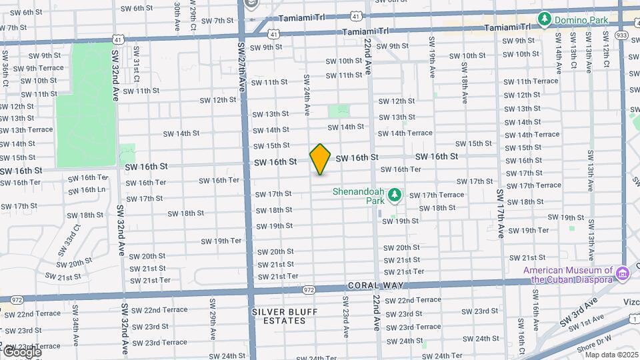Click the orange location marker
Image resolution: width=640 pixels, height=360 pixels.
[x=320, y=159]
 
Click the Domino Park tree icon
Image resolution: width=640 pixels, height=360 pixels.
[x=545, y=19]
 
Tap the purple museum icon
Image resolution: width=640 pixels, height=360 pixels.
[x=623, y=274]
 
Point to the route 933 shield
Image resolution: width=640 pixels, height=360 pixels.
[x=622, y=35]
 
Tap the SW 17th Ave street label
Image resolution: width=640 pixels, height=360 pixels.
[x=500, y=213]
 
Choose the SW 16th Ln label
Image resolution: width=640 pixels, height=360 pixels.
[x=87, y=190]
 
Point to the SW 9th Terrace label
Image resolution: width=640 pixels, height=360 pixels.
[x=37, y=68]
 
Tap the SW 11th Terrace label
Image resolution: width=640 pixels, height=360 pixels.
[x=531, y=81]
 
